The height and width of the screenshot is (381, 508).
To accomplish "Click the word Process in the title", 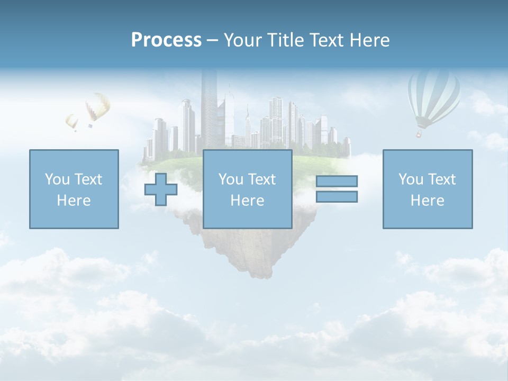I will [166, 40].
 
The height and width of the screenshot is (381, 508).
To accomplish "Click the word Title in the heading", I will [285, 40].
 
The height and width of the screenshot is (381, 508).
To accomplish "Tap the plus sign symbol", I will [161, 189].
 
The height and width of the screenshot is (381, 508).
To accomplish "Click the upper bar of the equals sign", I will [337, 181].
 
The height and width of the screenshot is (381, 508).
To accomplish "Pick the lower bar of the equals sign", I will [337, 197].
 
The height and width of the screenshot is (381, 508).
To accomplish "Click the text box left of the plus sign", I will [74, 189].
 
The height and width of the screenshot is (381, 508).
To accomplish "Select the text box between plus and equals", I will [247, 189].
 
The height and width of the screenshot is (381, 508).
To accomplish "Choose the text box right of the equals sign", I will [428, 189].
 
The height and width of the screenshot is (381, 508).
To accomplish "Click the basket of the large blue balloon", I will [419, 134].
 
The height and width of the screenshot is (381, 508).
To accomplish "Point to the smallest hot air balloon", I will [71, 122].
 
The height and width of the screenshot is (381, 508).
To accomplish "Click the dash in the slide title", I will [213, 41].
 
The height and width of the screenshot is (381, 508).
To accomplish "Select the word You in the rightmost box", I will [411, 179].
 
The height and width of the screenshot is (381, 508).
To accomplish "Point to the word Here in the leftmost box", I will [74, 201].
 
